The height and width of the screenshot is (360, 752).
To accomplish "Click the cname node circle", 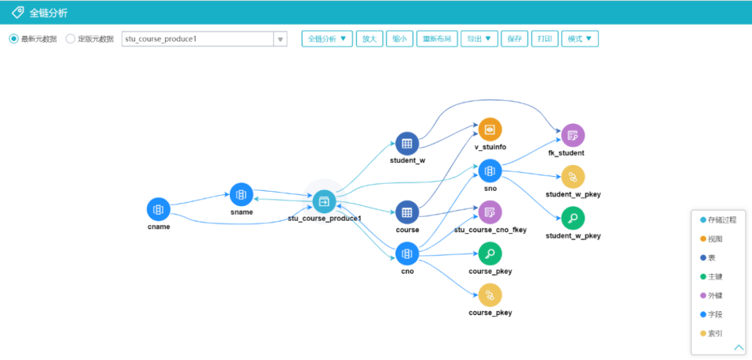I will [x=159, y=209].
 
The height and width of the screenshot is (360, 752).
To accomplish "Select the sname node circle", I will [x=242, y=194].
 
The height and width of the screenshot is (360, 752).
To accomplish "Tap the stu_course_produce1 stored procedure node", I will [x=324, y=202].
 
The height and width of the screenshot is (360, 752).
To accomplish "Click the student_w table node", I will [x=407, y=143].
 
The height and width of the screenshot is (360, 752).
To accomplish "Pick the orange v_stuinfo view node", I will [x=490, y=130].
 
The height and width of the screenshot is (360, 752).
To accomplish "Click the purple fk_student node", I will [x=572, y=135].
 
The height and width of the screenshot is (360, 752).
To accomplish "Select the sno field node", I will [x=490, y=171].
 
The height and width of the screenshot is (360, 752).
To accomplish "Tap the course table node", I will [x=407, y=212].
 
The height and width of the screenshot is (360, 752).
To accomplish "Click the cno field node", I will [x=407, y=253].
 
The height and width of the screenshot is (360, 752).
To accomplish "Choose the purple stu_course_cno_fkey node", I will [x=490, y=212].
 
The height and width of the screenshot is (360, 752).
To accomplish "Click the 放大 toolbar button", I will [x=369, y=39].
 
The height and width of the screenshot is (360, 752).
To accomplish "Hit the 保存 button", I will [x=515, y=39].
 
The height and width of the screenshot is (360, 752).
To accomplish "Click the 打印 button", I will [x=545, y=39].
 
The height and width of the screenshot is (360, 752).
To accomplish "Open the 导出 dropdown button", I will [x=479, y=39].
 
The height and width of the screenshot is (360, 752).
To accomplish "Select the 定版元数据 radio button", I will [x=70, y=39].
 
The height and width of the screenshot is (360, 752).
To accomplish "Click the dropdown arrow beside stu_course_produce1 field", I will [x=281, y=40].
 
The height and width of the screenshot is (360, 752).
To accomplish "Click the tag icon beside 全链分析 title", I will [x=17, y=13].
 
